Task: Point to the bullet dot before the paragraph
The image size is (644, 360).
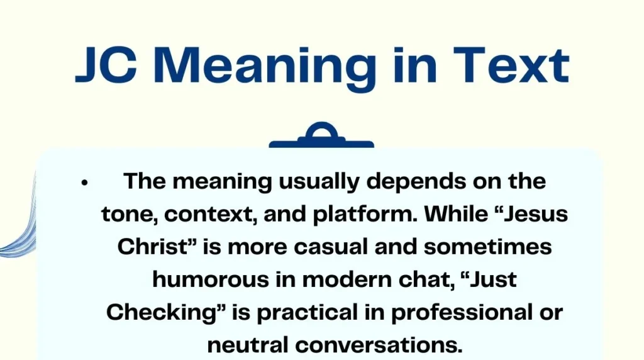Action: point(84,183)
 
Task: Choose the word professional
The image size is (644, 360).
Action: point(446,312)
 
